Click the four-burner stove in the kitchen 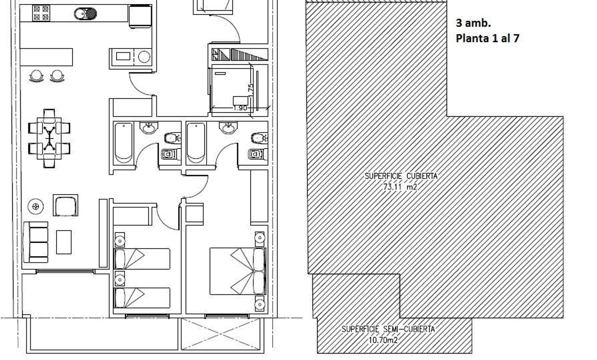pos(41,13)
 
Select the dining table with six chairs pos(49,138)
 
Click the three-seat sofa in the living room pos(36,242)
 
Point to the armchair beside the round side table pos(65,205)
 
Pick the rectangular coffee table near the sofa pos(64,242)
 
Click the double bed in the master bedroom pos(238,271)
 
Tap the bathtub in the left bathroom pos(123,143)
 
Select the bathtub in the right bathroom pos(196,143)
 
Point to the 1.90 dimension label pos(240,108)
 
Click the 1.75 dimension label pos(251,90)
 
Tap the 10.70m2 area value pos(383,340)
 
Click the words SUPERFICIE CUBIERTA pos(401,176)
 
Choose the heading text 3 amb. pos(473,23)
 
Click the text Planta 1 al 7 pos(488,38)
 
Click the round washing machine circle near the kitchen pos(144,57)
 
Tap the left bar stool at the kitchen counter pos(37,76)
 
